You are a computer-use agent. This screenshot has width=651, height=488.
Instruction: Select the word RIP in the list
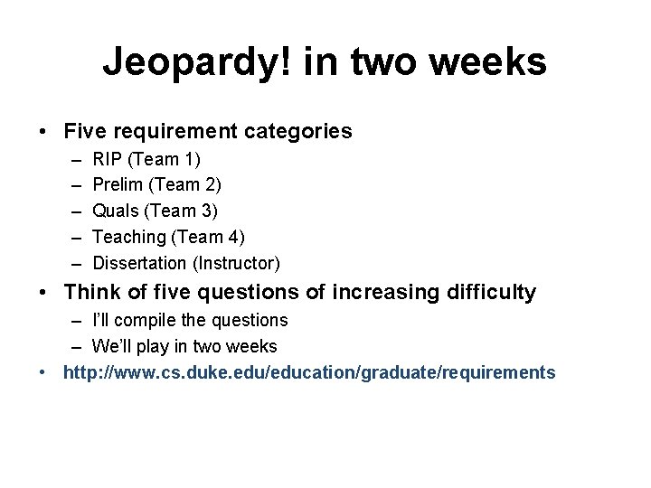[108, 159]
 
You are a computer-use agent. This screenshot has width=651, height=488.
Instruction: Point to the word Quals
[116, 211]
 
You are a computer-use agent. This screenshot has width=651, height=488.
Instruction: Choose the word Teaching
[130, 237]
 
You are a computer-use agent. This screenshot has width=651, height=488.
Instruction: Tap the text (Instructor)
[236, 263]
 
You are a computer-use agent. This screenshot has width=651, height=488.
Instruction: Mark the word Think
[91, 293]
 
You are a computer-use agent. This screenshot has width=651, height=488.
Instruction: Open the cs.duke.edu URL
[309, 372]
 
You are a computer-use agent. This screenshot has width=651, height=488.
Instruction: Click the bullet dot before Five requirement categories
[43, 132]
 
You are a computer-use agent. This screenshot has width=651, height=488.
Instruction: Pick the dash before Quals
[74, 211]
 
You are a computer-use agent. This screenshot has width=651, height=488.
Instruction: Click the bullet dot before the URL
[43, 372]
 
